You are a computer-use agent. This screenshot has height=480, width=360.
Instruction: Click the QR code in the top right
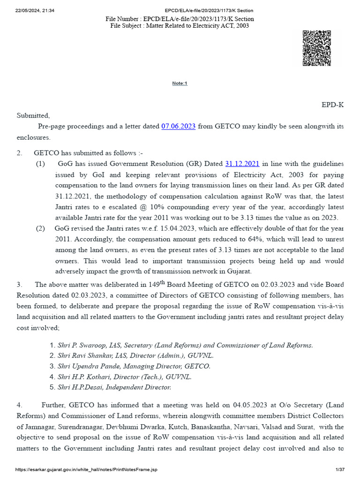[317, 48]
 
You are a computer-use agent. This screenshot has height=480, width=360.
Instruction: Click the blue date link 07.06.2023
[178, 127]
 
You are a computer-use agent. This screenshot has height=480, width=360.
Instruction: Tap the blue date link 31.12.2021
[242, 164]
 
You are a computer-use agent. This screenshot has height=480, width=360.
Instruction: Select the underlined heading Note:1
[180, 83]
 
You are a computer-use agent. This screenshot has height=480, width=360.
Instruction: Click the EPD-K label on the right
[332, 105]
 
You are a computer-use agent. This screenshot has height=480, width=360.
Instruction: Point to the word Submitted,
[33, 115]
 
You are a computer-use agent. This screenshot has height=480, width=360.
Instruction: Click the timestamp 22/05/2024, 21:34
[35, 10]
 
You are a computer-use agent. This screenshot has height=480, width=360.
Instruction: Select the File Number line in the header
[180, 19]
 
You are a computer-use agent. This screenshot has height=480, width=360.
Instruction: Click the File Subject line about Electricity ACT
[180, 26]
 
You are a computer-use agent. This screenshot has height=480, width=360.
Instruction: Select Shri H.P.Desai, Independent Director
[114, 387]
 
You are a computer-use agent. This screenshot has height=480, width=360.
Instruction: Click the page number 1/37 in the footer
[340, 470]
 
